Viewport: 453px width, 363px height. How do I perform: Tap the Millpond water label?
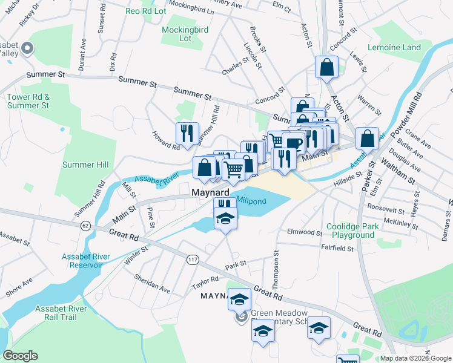pos(251,201)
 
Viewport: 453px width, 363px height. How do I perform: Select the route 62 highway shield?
pos(85,226)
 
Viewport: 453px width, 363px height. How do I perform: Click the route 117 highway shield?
pos(193,260)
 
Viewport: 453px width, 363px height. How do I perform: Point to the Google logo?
pos(19,356)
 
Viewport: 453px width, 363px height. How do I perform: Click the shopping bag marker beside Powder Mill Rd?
pos(367,139)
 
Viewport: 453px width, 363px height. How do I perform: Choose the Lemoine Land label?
pos(394,47)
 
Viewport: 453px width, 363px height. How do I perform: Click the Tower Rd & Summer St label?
pos(28,101)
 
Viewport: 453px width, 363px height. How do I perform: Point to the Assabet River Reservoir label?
pos(86,261)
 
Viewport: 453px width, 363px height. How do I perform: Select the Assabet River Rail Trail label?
pos(61,313)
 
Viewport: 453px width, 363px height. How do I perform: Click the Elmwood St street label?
pos(304,232)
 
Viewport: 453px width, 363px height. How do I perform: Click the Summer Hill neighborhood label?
pos(85,165)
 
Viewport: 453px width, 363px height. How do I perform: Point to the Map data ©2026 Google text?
pos(415,358)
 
